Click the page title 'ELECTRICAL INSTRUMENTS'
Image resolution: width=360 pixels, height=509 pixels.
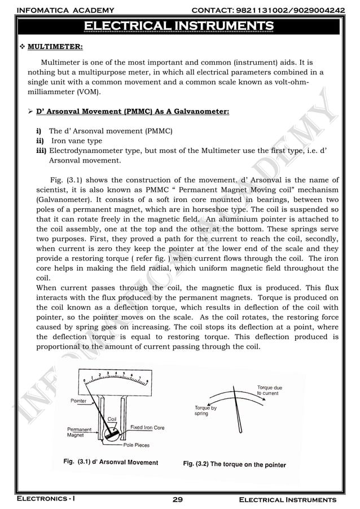click(x=179, y=25)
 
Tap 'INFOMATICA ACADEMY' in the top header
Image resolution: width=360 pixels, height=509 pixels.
click(x=65, y=10)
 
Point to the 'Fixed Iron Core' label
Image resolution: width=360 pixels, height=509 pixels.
click(x=147, y=428)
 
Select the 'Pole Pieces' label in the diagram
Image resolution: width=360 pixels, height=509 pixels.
click(x=137, y=445)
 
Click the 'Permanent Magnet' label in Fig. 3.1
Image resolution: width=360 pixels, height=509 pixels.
click(x=80, y=432)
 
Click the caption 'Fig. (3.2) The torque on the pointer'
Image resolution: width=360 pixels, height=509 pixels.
click(x=234, y=464)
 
